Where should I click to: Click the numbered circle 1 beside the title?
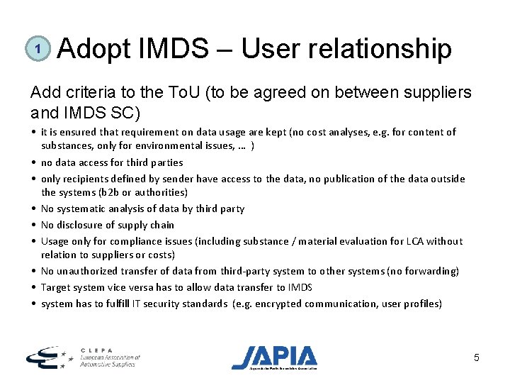pyautogui.click(x=38, y=49)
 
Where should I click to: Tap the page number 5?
pyautogui.click(x=477, y=358)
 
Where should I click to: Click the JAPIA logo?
pyautogui.click(x=275, y=357)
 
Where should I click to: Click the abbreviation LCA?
pyautogui.click(x=408, y=241)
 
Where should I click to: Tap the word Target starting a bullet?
pyautogui.click(x=56, y=287)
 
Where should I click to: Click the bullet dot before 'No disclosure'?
pyautogui.click(x=34, y=225)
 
